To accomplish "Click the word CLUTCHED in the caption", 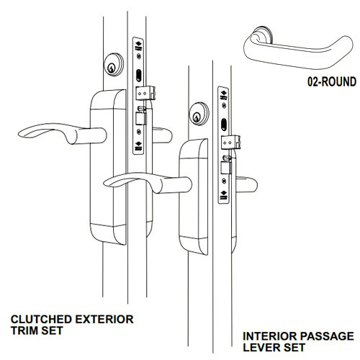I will pos(44,318).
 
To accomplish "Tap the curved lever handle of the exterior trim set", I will pos(50,132).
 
